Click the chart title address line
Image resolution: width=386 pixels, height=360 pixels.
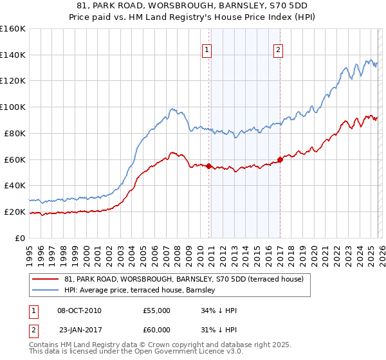click(x=192, y=6)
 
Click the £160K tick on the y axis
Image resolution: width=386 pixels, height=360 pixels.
click(x=13, y=29)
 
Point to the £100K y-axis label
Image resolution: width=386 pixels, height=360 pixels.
click(x=13, y=107)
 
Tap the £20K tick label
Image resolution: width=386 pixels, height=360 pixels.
click(x=14, y=212)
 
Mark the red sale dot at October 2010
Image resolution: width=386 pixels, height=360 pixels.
click(x=208, y=166)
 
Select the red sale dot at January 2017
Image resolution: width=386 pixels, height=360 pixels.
click(x=280, y=159)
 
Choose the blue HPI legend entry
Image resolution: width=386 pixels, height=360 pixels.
click(x=142, y=291)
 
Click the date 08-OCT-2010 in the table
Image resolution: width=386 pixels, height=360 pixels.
click(x=79, y=310)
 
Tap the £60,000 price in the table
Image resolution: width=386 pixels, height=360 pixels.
click(x=157, y=330)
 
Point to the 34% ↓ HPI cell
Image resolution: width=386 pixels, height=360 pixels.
click(x=219, y=310)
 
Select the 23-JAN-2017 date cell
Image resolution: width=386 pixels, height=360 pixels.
click(x=79, y=330)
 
